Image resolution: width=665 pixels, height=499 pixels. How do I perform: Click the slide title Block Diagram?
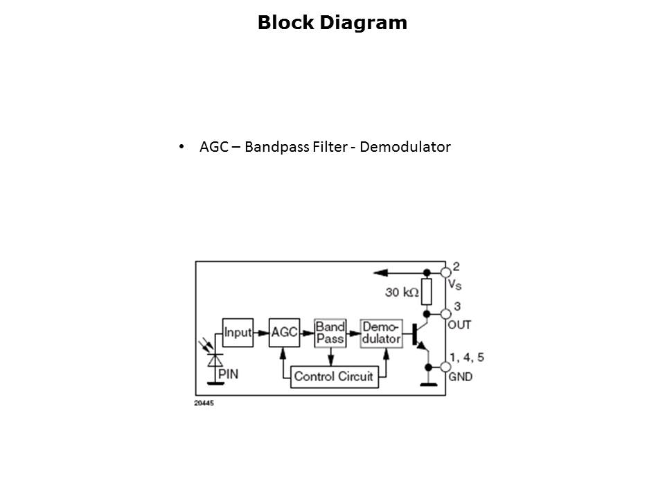pos(332,23)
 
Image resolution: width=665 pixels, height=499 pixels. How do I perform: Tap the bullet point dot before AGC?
pos(181,147)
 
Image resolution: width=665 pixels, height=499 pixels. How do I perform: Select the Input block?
pos(237,333)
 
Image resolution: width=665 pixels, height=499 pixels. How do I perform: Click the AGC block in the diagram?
pos(284,333)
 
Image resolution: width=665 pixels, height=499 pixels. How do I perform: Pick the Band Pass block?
pos(330,333)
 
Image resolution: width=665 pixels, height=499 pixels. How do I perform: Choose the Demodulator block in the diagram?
pos(381,333)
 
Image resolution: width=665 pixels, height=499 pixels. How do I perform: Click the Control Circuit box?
pos(333,376)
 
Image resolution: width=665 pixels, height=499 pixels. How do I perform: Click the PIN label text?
pos(229,374)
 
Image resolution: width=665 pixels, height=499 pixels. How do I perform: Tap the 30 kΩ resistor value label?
pos(402,293)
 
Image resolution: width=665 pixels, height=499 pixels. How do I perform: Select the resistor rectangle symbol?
pos(427,292)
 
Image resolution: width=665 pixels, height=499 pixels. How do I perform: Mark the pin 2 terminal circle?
pos(446,272)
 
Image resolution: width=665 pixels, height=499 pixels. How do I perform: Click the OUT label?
pos(460,324)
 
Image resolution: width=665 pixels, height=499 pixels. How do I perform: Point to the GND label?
pos(461,376)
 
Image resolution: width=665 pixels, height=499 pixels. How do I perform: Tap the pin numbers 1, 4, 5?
pos(467,358)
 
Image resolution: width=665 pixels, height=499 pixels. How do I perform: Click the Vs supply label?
pos(455,284)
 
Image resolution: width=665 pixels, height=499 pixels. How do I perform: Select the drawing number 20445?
pos(204,403)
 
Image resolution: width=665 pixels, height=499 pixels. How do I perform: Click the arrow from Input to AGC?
pos(260,333)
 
